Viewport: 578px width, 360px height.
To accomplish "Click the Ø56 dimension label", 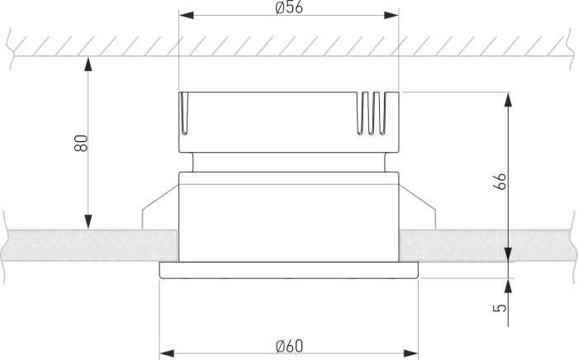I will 288,7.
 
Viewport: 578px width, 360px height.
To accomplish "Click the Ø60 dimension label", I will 288,344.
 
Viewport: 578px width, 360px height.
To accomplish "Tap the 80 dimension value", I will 80,143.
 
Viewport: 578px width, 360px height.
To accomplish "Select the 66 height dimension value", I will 499,182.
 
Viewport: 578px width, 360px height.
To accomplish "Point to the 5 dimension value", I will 499,307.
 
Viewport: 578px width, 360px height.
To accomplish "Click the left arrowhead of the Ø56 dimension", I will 185,16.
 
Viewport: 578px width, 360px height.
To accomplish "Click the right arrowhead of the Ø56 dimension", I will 393,16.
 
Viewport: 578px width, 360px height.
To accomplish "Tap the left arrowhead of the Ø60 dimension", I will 166,353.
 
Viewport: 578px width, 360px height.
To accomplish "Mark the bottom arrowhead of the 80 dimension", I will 87,222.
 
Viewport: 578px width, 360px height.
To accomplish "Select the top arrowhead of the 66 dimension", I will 508,98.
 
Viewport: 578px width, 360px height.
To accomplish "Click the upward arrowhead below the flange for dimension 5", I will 508,283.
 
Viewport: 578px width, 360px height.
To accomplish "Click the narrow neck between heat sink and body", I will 288,162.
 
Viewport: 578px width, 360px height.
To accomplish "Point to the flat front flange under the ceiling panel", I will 288,270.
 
